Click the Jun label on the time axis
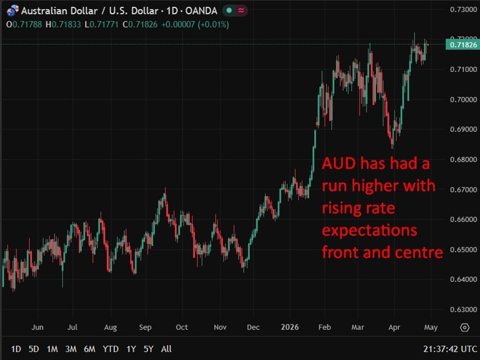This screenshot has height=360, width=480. click(x=37, y=327)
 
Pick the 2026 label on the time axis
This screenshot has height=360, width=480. click(x=289, y=327)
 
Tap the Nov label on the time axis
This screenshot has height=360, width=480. click(x=220, y=327)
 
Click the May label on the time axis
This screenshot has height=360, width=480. click(x=431, y=327)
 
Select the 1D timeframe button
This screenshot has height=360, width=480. click(x=16, y=349)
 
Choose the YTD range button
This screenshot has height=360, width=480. click(x=110, y=349)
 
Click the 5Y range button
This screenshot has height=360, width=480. click(x=149, y=349)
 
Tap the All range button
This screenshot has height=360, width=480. click(x=166, y=349)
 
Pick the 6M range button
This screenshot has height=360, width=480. click(x=90, y=349)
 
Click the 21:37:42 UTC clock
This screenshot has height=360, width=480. click(x=450, y=349)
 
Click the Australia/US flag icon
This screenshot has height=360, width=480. click(x=12, y=10)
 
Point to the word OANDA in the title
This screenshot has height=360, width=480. click(x=201, y=10)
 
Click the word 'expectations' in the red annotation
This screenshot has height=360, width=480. click(x=369, y=230)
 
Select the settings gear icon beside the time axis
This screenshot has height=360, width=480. click(x=464, y=328)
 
